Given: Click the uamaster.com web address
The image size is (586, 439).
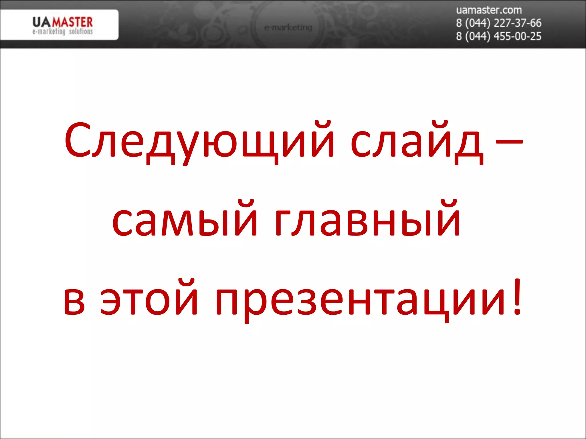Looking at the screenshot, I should pyautogui.click(x=489, y=10).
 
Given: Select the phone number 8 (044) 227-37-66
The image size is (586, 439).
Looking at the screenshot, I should pyautogui.click(x=498, y=23).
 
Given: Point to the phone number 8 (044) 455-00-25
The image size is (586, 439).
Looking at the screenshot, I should pyautogui.click(x=498, y=36).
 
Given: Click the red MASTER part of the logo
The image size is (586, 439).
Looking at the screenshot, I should pyautogui.click(x=72, y=22).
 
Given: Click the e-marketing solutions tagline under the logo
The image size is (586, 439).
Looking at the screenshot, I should pyautogui.click(x=62, y=31).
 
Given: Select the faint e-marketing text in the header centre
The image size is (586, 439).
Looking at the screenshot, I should pyautogui.click(x=288, y=28).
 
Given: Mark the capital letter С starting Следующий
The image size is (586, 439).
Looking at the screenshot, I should pyautogui.click(x=76, y=140).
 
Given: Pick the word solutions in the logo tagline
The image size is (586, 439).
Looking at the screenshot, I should pyautogui.click(x=81, y=31).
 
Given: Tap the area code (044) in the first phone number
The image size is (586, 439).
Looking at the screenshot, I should pyautogui.click(x=478, y=23).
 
